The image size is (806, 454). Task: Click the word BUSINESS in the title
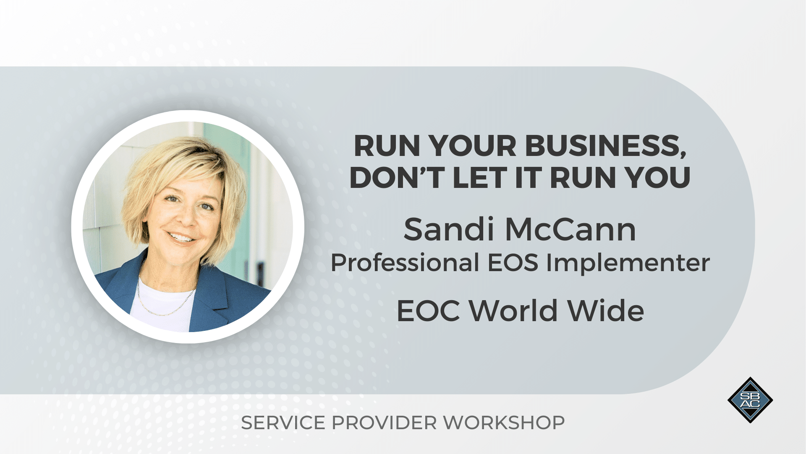click(x=606, y=147)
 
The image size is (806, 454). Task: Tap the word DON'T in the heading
click(x=397, y=177)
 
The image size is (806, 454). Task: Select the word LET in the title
click(x=480, y=177)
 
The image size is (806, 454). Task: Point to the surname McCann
click(x=570, y=230)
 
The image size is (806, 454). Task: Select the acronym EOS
click(x=513, y=263)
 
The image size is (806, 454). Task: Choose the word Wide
click(x=606, y=311)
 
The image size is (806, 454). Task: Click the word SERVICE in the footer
click(x=283, y=423)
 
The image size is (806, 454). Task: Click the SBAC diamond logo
click(x=750, y=400)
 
